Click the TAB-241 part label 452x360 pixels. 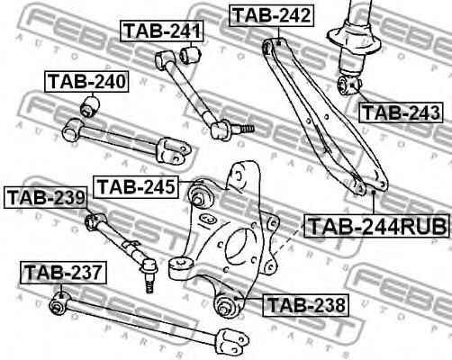(162, 31)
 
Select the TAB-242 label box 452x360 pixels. (272, 15)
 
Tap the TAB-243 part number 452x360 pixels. (401, 112)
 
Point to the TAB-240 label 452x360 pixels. (86, 82)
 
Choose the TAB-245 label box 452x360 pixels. (136, 187)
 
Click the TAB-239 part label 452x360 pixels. (46, 198)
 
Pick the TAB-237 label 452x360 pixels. (63, 273)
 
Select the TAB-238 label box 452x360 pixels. (305, 305)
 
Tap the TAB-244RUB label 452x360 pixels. (376, 226)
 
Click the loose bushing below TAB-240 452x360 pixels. (90, 106)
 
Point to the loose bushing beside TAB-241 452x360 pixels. (191, 54)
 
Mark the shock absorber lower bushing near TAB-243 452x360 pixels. (348, 85)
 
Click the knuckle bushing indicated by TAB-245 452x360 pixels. (200, 196)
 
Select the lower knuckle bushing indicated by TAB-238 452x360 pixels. (227, 305)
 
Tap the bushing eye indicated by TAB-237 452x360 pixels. (59, 303)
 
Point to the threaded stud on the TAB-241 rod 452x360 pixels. (243, 129)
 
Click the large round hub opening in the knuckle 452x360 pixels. (240, 245)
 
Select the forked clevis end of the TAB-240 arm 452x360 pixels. (172, 150)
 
